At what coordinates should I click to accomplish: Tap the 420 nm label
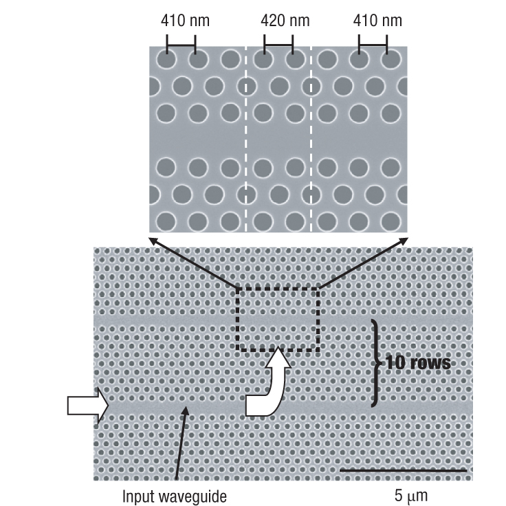[285, 21]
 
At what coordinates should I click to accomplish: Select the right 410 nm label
[377, 21]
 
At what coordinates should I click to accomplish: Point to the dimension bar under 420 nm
[278, 47]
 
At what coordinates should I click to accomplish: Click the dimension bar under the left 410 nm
[181, 47]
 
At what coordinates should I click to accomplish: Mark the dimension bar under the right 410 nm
[373, 47]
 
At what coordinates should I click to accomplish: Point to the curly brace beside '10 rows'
[375, 362]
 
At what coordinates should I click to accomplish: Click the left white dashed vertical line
[245, 137]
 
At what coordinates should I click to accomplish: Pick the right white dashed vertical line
[311, 137]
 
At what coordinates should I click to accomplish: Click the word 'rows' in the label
[432, 362]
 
